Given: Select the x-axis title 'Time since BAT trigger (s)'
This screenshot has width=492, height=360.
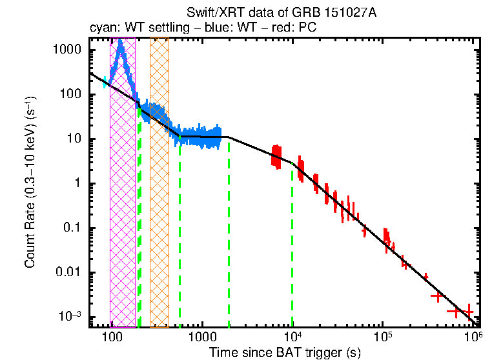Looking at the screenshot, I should [x=285, y=352].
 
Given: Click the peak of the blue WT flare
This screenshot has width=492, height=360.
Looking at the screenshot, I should [x=120, y=43].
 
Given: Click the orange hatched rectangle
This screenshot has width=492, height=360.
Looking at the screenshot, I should [x=159, y=194].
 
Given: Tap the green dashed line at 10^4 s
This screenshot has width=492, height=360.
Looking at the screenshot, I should [x=292, y=258].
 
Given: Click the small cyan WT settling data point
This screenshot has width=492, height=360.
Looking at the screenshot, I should [x=105, y=82].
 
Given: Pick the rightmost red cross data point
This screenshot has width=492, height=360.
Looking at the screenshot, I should [x=468, y=312].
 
